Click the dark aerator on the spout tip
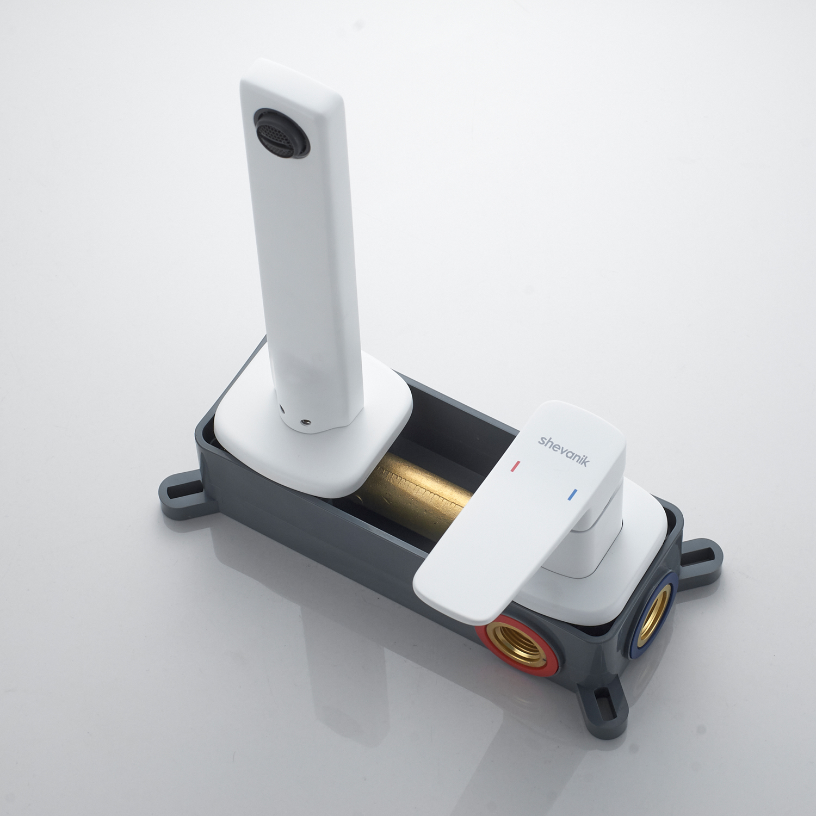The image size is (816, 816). (281, 133)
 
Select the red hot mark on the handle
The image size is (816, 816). (515, 466)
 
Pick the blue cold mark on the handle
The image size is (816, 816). (572, 495)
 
